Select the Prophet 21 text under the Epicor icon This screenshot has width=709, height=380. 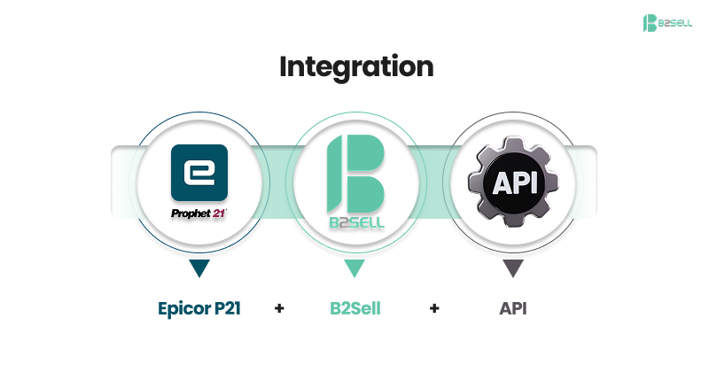[199, 213]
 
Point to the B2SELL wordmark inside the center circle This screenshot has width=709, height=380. [354, 222]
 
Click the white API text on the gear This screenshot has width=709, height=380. [512, 182]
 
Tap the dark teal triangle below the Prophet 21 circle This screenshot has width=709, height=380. [199, 268]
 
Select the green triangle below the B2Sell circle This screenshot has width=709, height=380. [354, 268]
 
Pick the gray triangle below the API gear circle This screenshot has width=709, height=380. [512, 268]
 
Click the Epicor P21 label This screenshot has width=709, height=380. [199, 309]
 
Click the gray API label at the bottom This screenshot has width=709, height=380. [512, 309]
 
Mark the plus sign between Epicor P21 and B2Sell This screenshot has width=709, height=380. [279, 309]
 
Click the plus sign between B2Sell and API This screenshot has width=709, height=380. [433, 309]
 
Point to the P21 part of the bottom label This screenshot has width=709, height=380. [227, 309]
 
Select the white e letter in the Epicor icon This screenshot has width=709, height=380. [199, 170]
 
